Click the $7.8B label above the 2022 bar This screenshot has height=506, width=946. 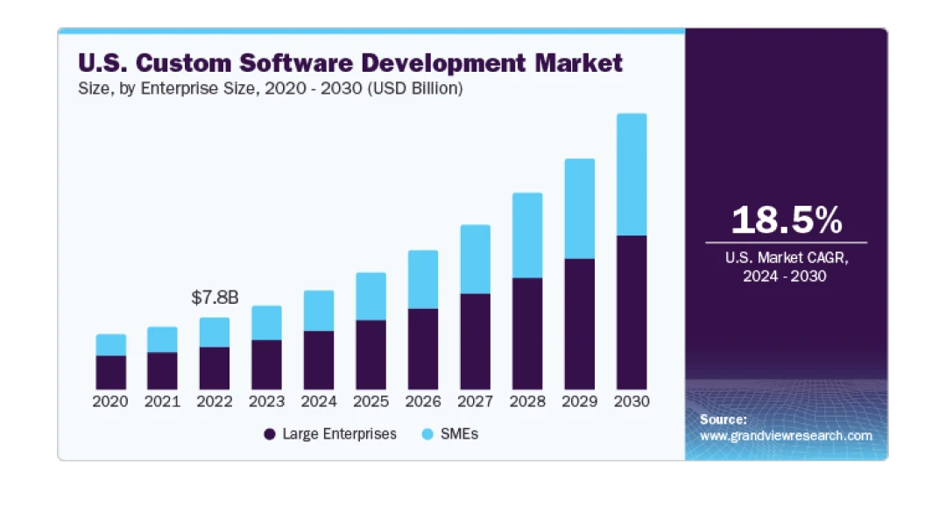click(215, 298)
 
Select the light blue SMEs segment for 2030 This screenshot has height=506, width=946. click(632, 174)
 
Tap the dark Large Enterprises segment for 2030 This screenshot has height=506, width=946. click(632, 313)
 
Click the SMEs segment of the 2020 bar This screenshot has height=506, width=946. click(111, 345)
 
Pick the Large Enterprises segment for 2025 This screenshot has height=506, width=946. click(371, 355)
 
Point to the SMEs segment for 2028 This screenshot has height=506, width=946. click(527, 235)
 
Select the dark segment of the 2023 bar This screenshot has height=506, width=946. click(266, 364)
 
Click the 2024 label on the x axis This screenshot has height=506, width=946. click(319, 402)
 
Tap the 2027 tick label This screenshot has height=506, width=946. click(475, 402)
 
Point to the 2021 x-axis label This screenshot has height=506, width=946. click(163, 402)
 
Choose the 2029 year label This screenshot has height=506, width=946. click(579, 402)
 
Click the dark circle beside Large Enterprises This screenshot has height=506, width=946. click(270, 434)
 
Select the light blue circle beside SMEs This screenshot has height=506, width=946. click(428, 434)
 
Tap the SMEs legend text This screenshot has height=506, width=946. click(460, 434)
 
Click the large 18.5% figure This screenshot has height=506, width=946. click(786, 220)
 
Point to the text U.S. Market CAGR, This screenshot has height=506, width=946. click(786, 258)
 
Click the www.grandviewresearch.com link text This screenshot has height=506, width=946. click(786, 435)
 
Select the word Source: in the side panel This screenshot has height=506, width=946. click(723, 419)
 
